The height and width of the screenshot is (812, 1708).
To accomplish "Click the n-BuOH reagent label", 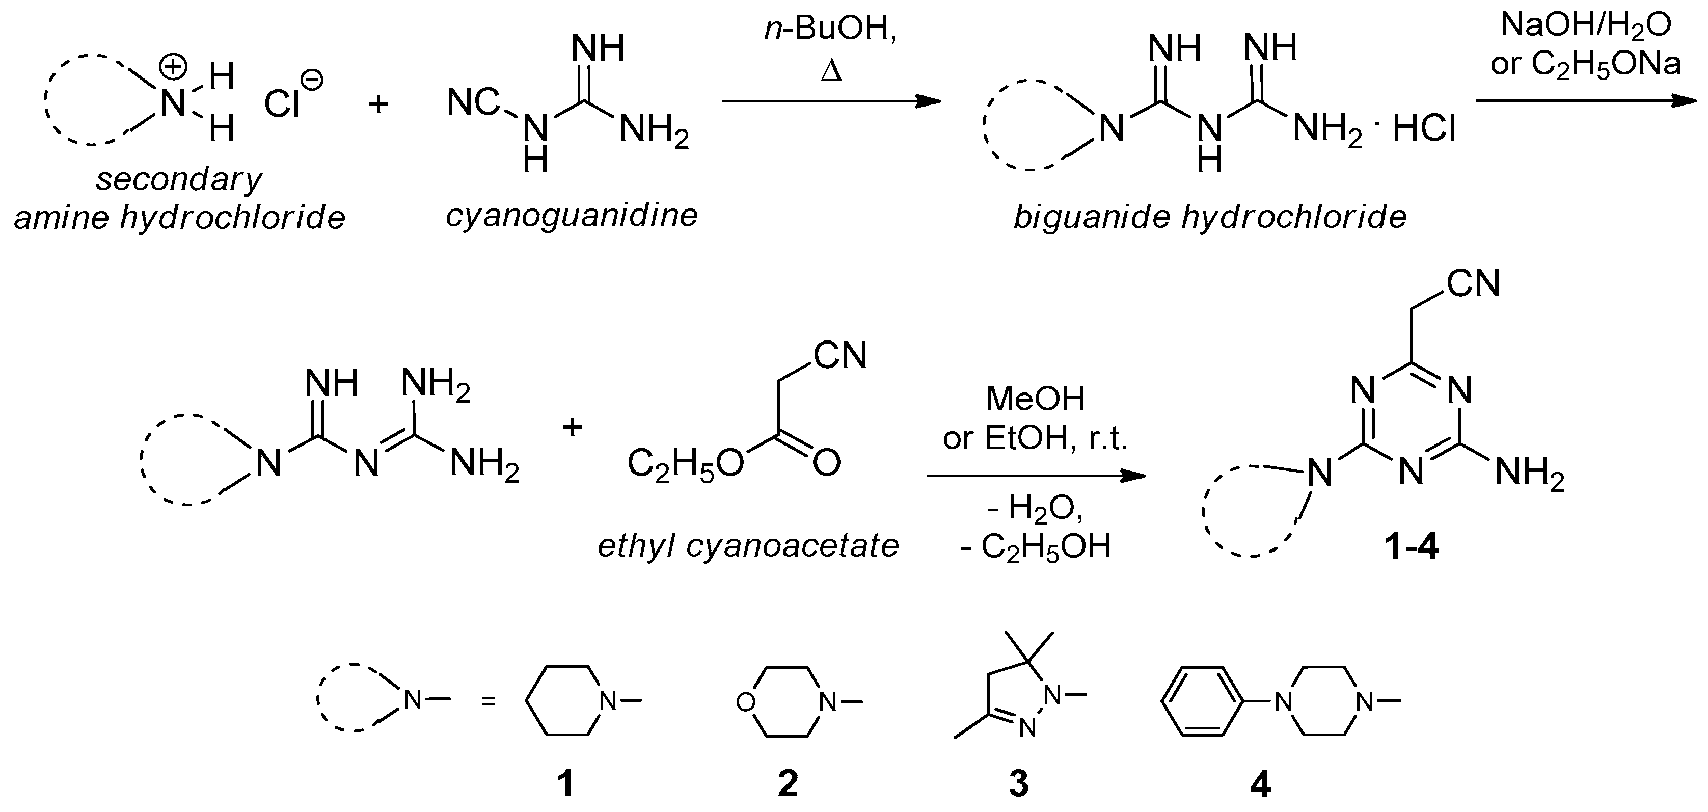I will [x=830, y=31].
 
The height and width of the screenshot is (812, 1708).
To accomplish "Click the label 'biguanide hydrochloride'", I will [x=1210, y=217].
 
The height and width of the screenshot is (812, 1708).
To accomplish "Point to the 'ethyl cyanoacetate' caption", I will [x=748, y=546].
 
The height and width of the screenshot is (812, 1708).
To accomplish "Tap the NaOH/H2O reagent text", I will [x=1585, y=26].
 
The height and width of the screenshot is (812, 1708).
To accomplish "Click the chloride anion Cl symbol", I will [x=283, y=103].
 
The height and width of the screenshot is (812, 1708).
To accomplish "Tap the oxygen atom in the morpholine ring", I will [x=746, y=702].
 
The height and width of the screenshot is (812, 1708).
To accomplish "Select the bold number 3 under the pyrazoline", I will [x=1018, y=783].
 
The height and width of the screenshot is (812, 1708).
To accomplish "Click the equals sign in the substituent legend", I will [x=489, y=700].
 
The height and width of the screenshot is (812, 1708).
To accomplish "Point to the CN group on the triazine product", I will [x=1473, y=284].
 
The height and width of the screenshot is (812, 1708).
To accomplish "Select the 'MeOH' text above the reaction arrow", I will [x=1036, y=399].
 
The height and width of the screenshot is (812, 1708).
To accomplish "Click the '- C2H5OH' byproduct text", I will [x=1036, y=547].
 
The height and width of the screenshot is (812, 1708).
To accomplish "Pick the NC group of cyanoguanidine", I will [x=473, y=103].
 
